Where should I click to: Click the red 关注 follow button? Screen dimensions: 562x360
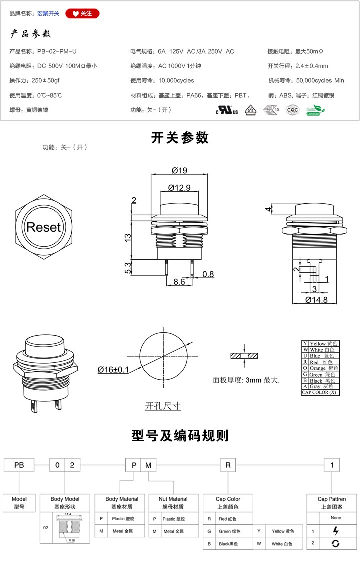click(83, 14)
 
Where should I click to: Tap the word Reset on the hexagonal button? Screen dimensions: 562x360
click(43, 227)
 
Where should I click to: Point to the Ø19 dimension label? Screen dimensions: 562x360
click(179, 170)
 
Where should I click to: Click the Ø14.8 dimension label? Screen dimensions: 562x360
click(316, 300)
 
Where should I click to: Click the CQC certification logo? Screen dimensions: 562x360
click(292, 110)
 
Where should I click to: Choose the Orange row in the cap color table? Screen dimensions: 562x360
click(320, 368)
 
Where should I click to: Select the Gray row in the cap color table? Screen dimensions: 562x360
click(320, 386)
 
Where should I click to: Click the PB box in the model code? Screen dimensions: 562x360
click(19, 465)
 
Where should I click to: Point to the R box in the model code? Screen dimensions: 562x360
click(228, 465)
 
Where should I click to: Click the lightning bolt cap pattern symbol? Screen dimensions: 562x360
click(335, 531)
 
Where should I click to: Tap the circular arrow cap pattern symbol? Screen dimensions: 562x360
click(335, 543)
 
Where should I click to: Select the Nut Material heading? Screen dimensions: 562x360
click(173, 499)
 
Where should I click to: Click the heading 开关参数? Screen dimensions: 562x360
click(180, 138)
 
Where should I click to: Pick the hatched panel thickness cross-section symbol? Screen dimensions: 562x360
click(244, 356)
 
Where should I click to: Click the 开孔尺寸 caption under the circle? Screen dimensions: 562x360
click(163, 406)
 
